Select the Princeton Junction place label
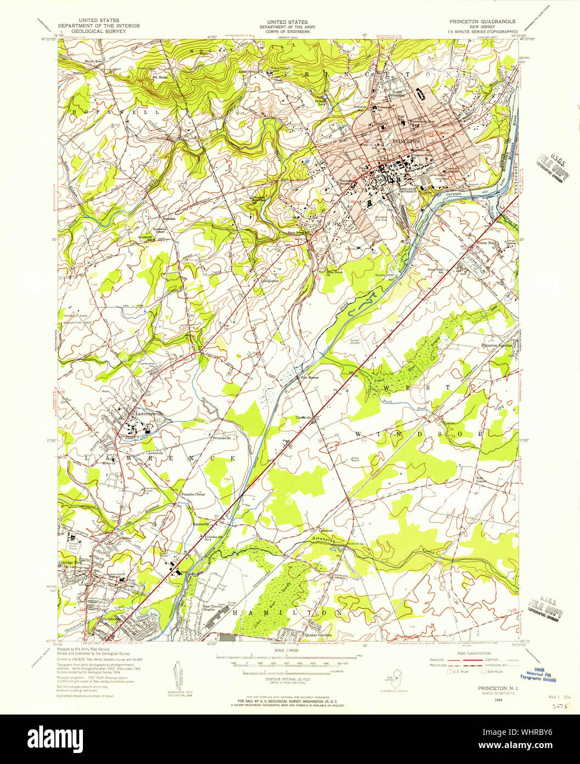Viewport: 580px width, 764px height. (497, 345)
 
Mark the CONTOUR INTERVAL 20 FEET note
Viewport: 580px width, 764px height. (288, 680)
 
